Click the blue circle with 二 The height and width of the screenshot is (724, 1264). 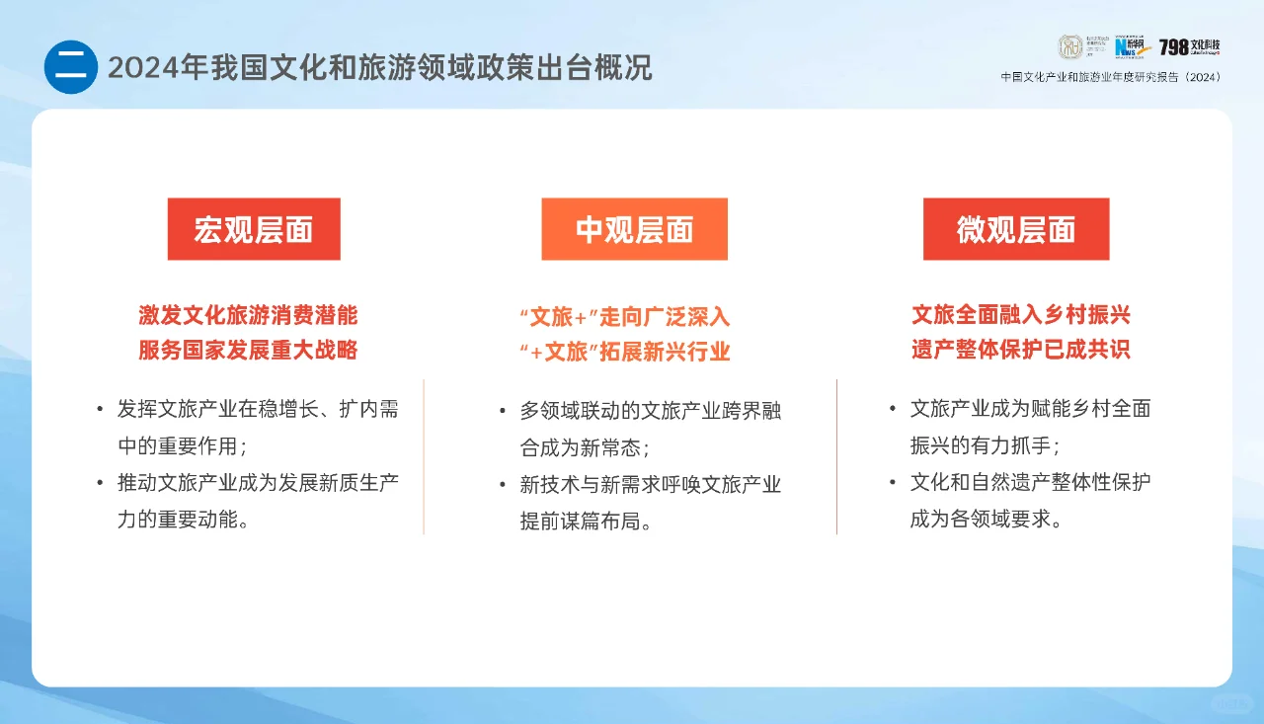(71, 67)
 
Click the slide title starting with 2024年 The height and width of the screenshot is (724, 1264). (379, 67)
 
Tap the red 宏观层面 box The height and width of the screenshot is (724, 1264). (254, 229)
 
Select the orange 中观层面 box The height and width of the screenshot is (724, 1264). (634, 229)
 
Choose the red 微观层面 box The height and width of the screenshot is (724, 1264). (1016, 229)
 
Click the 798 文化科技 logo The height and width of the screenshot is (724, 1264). (1189, 47)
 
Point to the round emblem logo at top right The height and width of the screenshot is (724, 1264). (1071, 47)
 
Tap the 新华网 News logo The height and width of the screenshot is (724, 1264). (1132, 47)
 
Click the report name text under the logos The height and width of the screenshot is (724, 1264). (1110, 77)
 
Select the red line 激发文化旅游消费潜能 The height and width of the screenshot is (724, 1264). (248, 315)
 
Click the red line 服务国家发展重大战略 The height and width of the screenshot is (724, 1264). (248, 350)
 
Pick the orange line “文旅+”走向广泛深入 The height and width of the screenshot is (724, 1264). (624, 317)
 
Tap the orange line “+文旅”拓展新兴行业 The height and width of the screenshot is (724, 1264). (624, 352)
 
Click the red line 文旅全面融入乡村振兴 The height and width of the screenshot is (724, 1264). (1020, 315)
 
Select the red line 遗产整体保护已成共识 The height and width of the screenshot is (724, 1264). (1020, 350)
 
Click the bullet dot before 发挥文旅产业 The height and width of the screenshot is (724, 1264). (100, 409)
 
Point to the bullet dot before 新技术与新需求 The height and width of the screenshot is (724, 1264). (503, 484)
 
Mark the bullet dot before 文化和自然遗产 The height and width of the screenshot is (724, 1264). (893, 482)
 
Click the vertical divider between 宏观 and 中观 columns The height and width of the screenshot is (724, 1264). (424, 456)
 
